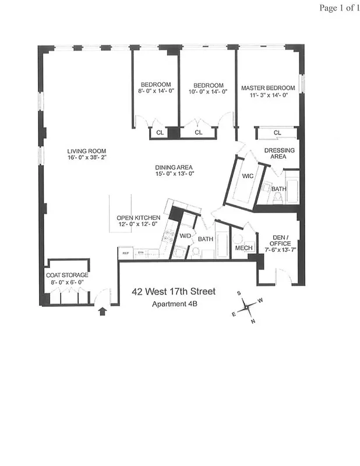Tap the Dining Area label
coord(174,167)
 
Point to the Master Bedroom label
coord(268,88)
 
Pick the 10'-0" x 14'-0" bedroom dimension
coord(208,91)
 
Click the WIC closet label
coord(246,175)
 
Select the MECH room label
coord(242,248)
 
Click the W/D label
coord(185,236)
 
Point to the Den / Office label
coord(279,241)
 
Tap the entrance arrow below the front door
coord(103,312)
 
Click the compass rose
coord(248,305)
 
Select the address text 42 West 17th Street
coord(174,291)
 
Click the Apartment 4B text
coord(174,304)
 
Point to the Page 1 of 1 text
coord(338,8)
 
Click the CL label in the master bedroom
coord(277,133)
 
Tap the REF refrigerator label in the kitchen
coord(125,253)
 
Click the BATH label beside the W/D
coord(206,239)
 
